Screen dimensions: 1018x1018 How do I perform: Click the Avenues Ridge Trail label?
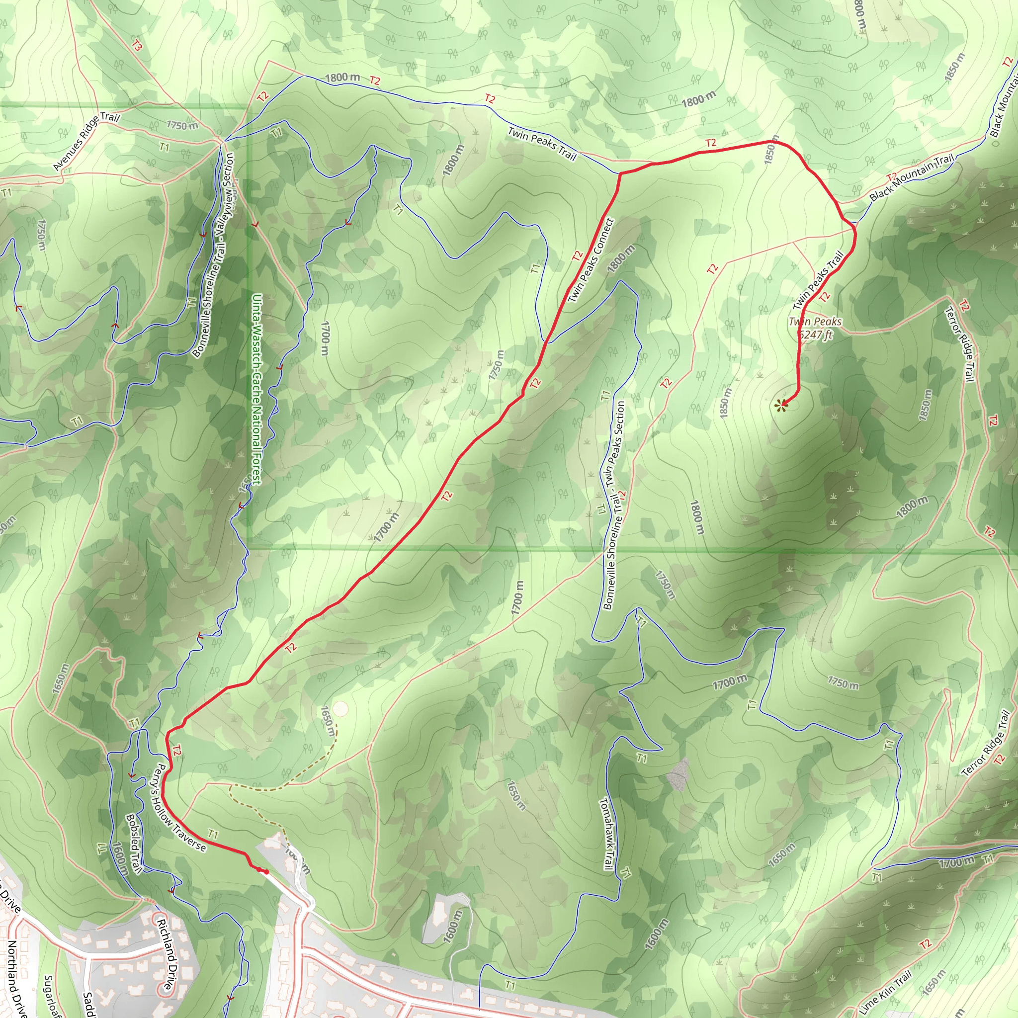coord(86,142)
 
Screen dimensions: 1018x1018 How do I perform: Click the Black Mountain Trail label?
coord(912,178)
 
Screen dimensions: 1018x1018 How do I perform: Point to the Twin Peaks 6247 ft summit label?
coord(815,328)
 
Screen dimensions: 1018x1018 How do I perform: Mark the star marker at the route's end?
coord(781,405)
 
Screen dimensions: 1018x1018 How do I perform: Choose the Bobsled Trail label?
coord(134,843)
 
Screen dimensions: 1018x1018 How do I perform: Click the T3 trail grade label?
coord(137,46)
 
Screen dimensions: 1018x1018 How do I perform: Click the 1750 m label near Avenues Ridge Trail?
coord(182,125)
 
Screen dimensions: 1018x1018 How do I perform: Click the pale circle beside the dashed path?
coord(341,709)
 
